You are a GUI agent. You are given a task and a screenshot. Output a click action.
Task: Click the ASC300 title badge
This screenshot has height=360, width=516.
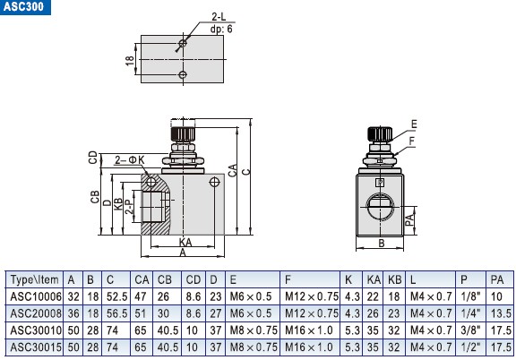point(25,7)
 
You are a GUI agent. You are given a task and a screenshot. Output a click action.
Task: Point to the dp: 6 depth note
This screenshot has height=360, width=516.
point(199,29)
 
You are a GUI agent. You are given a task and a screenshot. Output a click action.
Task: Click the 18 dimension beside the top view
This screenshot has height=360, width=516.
point(129,59)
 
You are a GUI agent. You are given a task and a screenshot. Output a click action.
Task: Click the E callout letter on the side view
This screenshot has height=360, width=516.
point(413,124)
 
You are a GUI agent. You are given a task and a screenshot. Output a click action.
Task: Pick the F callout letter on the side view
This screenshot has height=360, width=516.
point(413,140)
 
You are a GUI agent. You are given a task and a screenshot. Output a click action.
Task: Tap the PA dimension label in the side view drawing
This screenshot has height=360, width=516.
point(409,217)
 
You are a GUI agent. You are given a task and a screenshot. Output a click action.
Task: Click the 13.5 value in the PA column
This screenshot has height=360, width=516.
point(500,313)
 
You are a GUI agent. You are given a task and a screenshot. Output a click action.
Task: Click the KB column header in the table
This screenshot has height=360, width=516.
point(392,279)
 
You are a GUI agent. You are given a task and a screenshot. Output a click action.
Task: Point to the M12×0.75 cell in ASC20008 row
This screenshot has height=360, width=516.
point(311,313)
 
